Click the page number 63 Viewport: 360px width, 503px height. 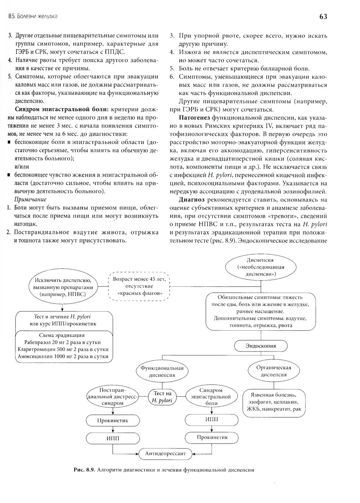point(323,17)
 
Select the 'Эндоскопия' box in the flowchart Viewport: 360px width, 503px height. point(261,346)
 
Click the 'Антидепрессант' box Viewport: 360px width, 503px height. point(166,453)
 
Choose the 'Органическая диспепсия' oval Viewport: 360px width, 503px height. point(274,371)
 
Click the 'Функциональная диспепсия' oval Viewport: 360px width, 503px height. point(162,371)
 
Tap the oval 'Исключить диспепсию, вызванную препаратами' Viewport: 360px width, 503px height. point(63,287)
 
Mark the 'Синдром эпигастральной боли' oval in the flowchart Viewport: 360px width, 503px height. point(211,397)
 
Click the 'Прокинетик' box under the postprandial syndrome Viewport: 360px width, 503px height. point(112,420)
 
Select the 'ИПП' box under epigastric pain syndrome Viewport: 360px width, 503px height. point(211,419)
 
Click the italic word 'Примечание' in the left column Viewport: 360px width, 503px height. point(30,199)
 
